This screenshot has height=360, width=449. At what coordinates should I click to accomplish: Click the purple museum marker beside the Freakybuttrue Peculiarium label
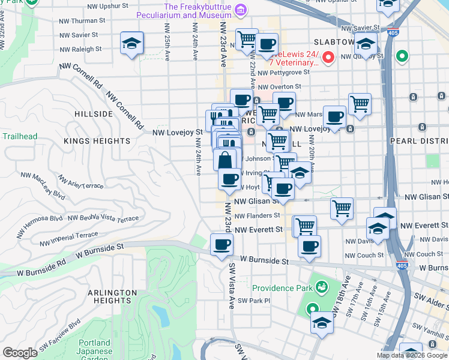(241, 9)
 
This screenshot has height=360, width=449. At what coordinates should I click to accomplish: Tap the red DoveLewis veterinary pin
(328, 58)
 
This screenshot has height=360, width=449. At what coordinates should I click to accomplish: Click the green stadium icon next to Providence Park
(322, 287)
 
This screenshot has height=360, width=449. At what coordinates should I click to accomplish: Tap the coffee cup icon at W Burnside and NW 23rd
(221, 245)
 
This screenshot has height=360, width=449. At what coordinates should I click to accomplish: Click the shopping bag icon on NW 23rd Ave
(224, 160)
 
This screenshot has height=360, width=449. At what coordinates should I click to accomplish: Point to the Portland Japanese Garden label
(95, 347)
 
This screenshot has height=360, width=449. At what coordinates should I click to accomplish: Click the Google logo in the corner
(20, 353)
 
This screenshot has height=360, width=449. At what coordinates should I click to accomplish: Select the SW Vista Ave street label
(231, 287)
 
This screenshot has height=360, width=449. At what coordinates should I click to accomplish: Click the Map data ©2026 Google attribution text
(411, 355)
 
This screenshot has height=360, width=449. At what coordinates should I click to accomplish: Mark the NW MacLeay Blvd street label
(43, 185)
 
